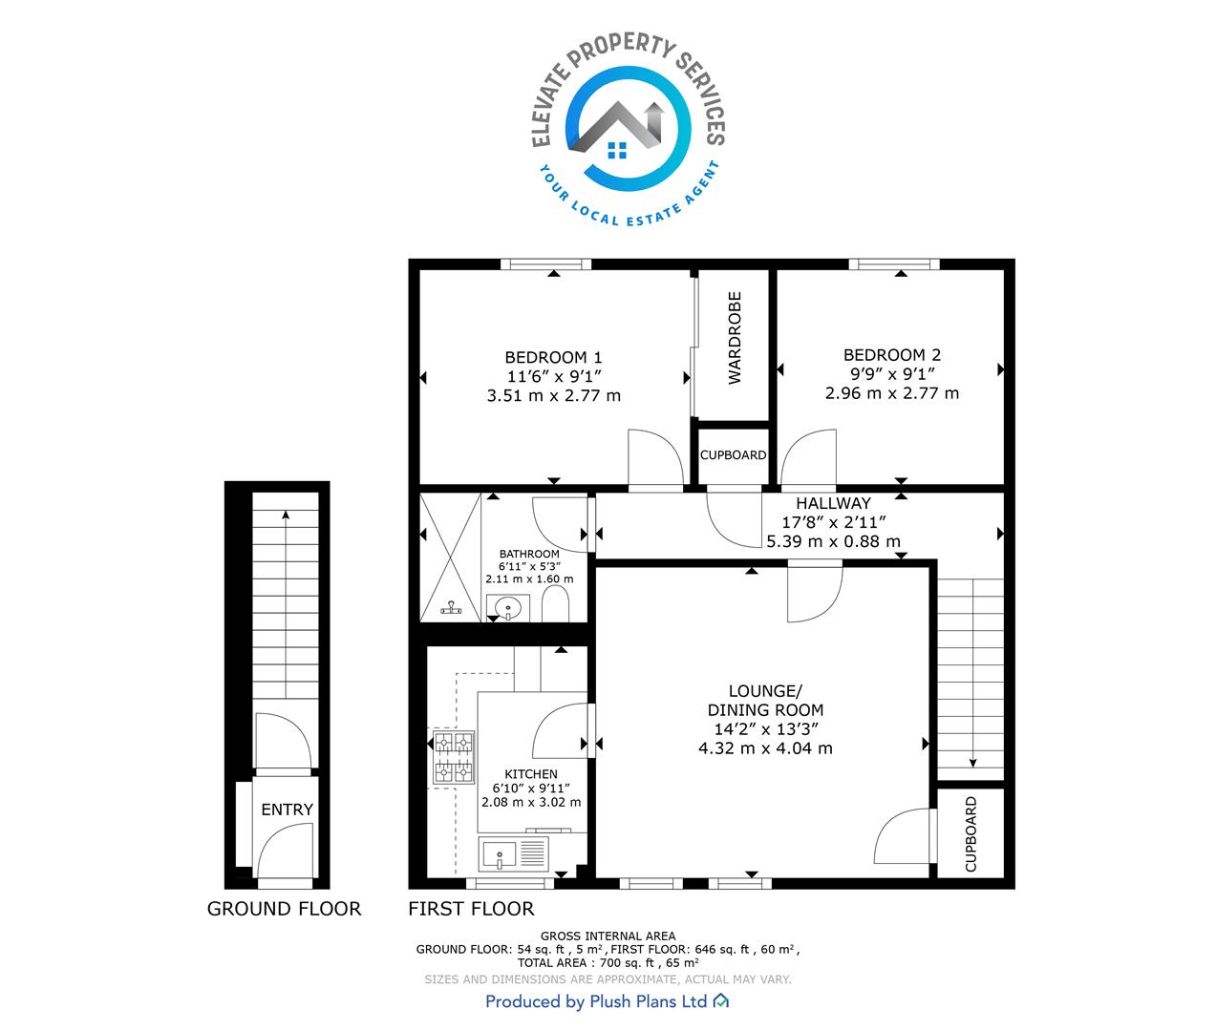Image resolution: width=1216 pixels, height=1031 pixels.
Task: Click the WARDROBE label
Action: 735,338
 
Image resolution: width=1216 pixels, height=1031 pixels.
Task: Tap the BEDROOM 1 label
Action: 554,357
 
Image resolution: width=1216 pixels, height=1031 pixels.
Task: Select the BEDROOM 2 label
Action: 892,355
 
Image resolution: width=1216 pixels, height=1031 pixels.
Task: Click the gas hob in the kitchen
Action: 454,757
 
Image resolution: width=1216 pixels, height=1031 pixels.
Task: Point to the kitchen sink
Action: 514,854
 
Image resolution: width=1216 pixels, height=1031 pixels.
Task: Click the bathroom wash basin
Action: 507,607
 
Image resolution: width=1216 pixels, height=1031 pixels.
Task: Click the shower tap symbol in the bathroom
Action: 451,608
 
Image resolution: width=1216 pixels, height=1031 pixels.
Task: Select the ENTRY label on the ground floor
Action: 288,810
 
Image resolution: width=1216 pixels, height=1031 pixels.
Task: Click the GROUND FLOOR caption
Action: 284,909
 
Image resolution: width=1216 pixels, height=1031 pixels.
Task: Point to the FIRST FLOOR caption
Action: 471,909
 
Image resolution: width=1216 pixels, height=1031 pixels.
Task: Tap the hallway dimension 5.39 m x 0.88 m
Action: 833,541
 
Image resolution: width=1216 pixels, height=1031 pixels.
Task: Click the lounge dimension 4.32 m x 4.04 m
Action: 765,748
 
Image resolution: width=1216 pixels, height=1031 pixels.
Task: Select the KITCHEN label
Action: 531,774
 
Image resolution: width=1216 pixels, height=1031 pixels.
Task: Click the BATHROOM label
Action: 529,554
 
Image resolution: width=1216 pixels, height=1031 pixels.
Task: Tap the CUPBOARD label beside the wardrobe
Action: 733,455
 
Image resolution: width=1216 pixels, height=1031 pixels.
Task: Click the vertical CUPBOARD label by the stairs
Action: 971,834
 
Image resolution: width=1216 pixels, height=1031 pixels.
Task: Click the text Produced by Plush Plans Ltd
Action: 596,1001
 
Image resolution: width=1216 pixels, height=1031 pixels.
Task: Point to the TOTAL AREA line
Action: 608,963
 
